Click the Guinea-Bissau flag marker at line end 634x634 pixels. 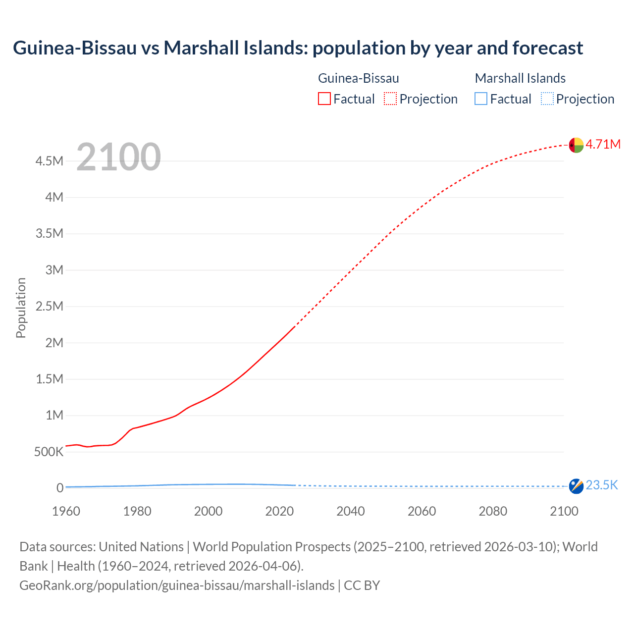(576, 145)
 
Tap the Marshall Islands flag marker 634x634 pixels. (576, 486)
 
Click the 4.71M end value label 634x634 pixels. (603, 144)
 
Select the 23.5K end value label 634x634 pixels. (602, 485)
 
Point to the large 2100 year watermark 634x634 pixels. (118, 157)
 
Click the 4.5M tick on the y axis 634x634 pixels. (49, 161)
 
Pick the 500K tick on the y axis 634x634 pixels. (49, 452)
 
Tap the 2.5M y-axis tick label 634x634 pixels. (49, 306)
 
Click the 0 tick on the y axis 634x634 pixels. (60, 488)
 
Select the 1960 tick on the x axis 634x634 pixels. (66, 511)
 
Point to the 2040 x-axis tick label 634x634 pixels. (351, 511)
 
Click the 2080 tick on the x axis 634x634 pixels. (493, 511)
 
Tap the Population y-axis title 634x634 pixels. (21, 308)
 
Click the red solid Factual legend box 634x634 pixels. (324, 99)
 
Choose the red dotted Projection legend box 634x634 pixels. (390, 99)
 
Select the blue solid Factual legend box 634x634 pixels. (481, 99)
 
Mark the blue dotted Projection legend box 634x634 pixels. (547, 99)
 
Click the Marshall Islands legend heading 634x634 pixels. (520, 78)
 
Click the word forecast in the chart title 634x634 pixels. (548, 48)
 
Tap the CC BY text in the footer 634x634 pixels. (362, 585)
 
